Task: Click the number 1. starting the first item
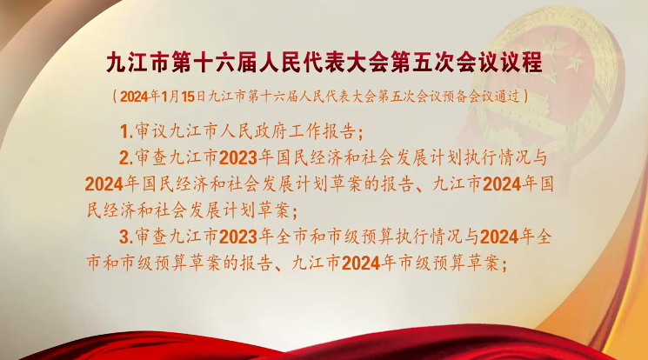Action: point(126,132)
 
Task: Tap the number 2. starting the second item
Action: point(126,158)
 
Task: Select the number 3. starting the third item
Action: point(126,237)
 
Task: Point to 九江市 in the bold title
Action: point(137,63)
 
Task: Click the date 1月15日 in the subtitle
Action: point(183,97)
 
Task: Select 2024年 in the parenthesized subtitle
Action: point(140,97)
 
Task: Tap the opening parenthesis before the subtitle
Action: point(115,97)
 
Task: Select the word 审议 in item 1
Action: point(151,132)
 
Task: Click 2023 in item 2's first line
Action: point(238,158)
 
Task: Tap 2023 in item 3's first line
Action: point(238,237)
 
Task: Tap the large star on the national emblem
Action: point(554,45)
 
